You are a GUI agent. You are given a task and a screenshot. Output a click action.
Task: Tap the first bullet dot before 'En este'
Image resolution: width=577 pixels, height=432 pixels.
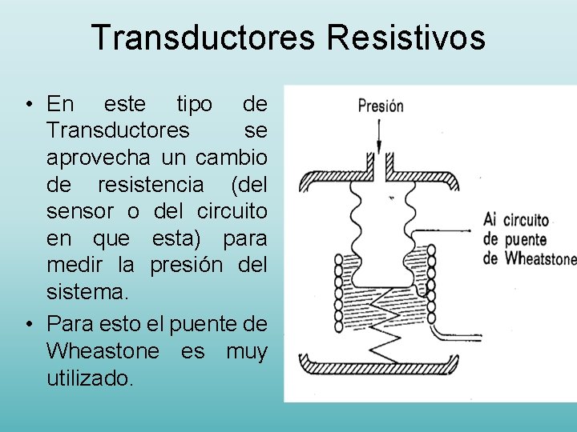[x=28, y=105]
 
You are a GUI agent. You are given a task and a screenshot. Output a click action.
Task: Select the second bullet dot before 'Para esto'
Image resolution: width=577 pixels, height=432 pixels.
[x=28, y=324]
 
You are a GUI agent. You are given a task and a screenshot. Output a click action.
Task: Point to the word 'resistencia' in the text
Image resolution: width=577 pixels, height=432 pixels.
[x=151, y=185]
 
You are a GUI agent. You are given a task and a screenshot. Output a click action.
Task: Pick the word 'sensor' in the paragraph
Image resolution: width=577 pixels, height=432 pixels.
[x=76, y=212]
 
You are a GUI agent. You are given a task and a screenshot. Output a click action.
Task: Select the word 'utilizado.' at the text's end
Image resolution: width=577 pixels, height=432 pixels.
[x=91, y=378]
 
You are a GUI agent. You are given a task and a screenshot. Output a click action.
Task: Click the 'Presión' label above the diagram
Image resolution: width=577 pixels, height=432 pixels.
[x=381, y=106]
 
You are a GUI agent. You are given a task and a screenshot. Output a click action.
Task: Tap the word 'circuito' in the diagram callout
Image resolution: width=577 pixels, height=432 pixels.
[x=526, y=221]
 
